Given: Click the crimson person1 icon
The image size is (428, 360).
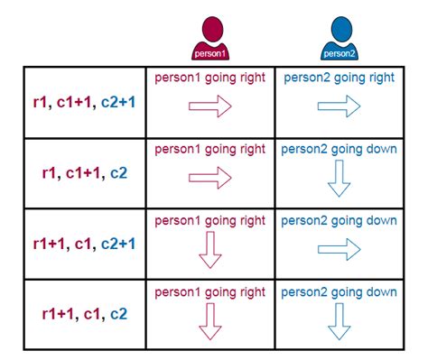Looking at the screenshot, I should (x=210, y=39).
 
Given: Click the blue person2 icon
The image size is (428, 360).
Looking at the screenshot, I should (x=340, y=39).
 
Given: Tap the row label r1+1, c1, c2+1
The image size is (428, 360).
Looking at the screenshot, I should (x=83, y=243).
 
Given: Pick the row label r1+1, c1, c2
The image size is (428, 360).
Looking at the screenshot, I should (x=83, y=314).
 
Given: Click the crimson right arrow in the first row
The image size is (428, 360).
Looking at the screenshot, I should (x=210, y=107).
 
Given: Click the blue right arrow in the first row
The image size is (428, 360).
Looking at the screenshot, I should (x=340, y=107).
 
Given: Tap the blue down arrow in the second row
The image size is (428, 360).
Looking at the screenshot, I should (x=340, y=180).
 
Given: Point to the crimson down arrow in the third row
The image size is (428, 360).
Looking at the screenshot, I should (x=210, y=250).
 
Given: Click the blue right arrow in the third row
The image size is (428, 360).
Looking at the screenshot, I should (x=340, y=249).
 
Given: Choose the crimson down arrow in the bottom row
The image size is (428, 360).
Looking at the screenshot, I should (x=210, y=321).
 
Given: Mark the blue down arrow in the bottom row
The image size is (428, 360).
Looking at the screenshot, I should (x=340, y=321).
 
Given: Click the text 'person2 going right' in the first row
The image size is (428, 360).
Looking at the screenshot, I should (x=340, y=78).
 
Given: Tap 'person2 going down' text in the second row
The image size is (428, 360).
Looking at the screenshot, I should (x=340, y=149).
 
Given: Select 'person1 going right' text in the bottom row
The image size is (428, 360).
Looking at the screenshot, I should (x=210, y=292).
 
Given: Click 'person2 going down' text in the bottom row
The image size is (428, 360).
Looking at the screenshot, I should (x=340, y=292).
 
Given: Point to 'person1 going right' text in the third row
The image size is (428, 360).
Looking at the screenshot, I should (x=210, y=220).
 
